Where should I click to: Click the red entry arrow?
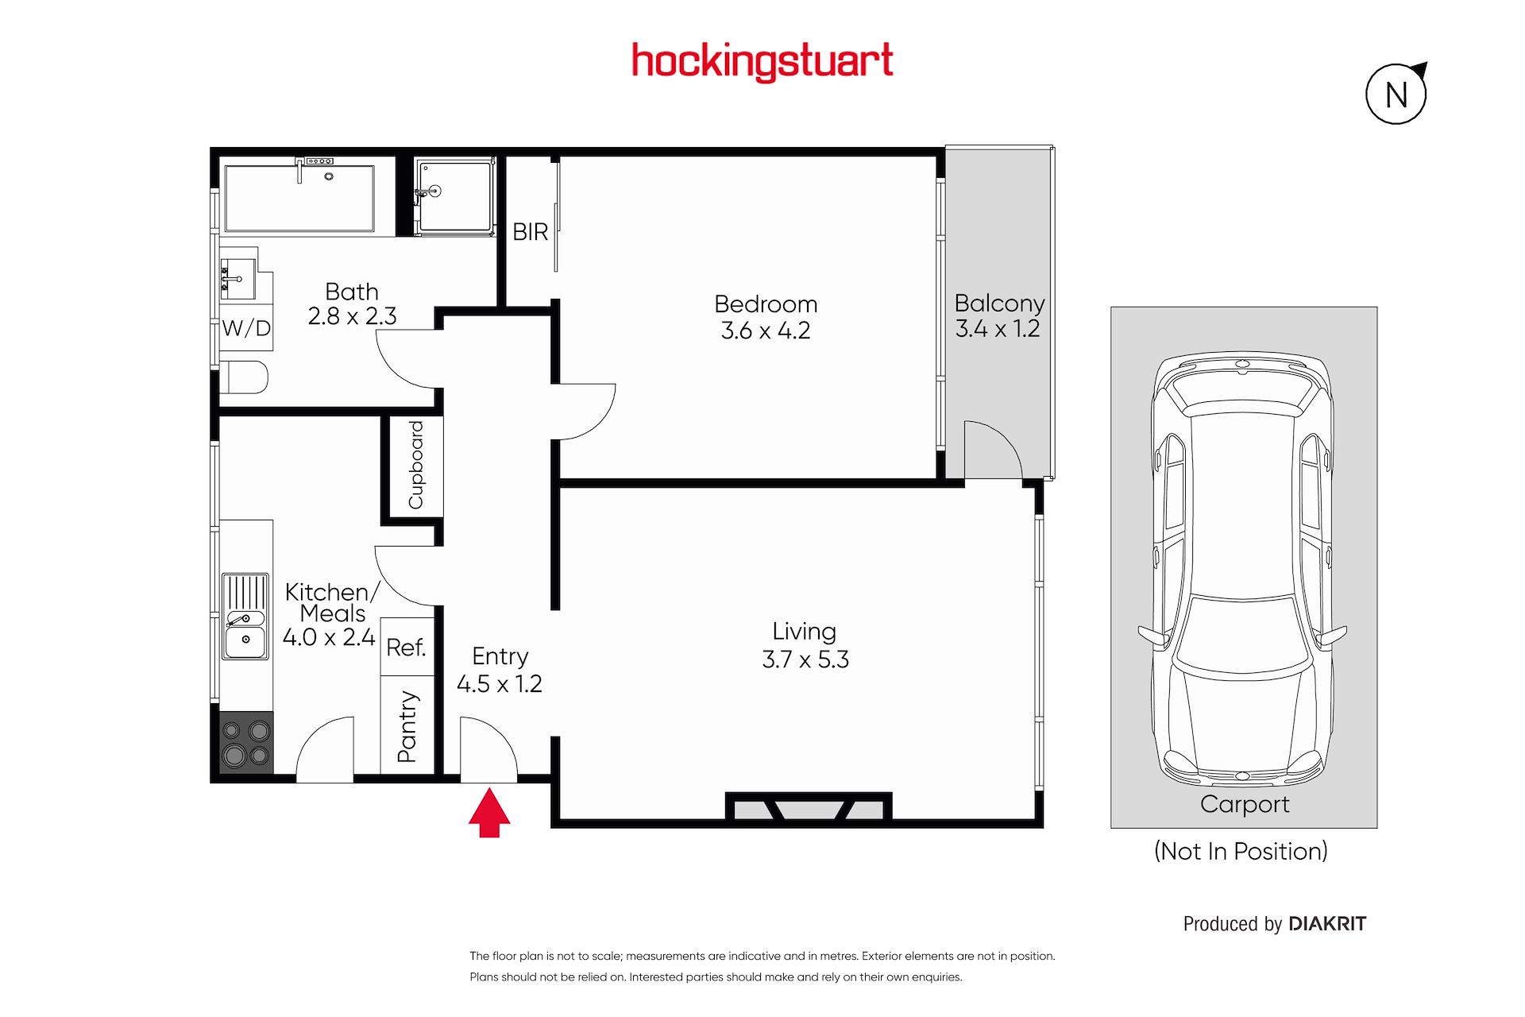tap(489, 812)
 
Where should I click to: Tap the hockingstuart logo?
tap(762, 62)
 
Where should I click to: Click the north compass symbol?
tap(1396, 94)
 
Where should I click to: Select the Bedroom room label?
tap(766, 304)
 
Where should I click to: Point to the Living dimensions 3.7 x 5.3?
tap(805, 659)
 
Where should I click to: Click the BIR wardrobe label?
tap(531, 232)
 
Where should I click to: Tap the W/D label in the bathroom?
tap(246, 328)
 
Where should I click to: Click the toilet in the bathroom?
tap(244, 377)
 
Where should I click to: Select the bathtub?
tap(299, 198)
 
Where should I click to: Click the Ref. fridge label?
tap(406, 648)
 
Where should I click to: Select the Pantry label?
tap(407, 726)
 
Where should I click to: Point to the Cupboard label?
tap(415, 465)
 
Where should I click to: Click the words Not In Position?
tap(1241, 851)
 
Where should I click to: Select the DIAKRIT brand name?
tap(1327, 923)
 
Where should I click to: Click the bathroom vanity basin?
tap(237, 279)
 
